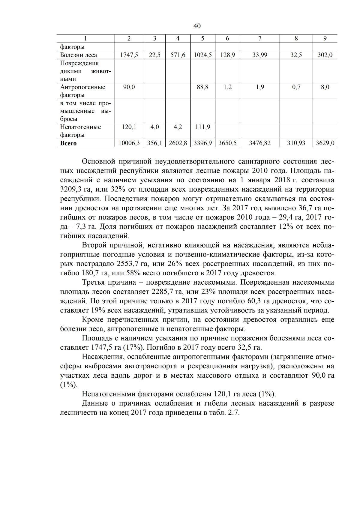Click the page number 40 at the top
point(197,26)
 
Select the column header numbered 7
point(260,38)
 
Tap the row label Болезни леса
point(79,55)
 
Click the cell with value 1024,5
point(203,55)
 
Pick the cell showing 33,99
point(260,55)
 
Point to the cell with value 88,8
point(203,87)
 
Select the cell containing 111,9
point(203,127)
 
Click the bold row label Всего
point(68,143)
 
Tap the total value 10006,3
point(129,143)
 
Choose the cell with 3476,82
point(260,143)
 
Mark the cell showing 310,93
point(296,143)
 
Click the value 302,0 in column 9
point(325,55)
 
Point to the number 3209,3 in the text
point(71,190)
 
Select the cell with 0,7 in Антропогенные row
point(296,87)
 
